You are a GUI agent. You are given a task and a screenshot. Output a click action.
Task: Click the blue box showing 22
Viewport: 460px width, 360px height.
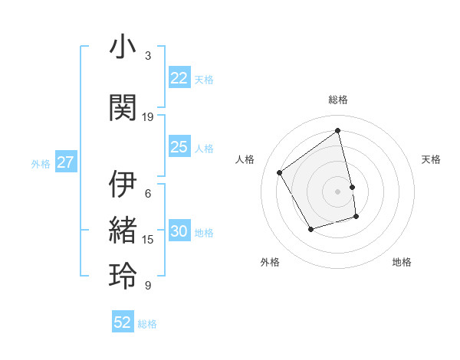click(179, 78)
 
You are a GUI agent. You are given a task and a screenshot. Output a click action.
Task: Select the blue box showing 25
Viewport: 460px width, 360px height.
click(179, 147)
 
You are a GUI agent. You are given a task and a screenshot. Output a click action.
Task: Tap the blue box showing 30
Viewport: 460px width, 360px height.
click(179, 232)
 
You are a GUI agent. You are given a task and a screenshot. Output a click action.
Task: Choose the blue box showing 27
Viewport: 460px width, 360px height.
click(65, 162)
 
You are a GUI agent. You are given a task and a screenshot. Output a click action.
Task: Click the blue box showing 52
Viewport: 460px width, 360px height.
click(123, 322)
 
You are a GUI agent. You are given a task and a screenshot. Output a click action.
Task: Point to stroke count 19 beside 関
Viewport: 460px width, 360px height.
click(148, 117)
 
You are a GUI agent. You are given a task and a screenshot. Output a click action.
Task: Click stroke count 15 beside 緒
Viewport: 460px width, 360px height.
click(148, 240)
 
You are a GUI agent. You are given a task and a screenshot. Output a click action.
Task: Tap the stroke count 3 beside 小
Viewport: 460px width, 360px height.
click(148, 56)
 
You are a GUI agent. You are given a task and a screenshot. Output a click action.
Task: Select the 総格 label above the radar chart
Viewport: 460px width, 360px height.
click(338, 100)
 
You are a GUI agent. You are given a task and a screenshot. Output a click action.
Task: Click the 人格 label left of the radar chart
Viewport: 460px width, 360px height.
click(245, 159)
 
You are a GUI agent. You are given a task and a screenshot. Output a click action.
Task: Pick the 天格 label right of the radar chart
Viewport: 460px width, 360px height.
click(431, 159)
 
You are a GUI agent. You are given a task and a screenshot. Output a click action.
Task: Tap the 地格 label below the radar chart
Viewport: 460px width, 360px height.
click(402, 262)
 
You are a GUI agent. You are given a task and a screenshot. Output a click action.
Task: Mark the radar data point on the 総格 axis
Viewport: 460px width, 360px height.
click(338, 131)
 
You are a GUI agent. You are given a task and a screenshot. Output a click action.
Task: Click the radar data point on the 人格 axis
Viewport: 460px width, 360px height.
click(280, 173)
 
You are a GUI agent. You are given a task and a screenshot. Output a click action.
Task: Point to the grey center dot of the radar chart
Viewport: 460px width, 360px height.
click(338, 191)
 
